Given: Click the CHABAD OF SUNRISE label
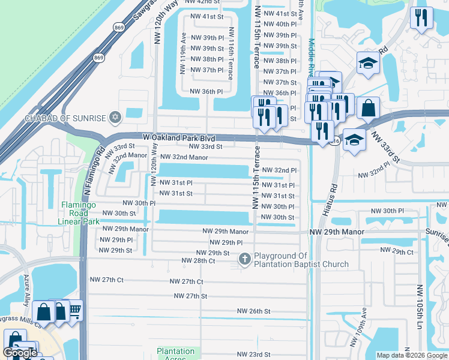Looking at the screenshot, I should [x=65, y=118].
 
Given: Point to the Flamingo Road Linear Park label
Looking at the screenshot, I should [x=82, y=213].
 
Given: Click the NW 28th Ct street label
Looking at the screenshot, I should [x=198, y=261].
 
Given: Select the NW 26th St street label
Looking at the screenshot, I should [x=254, y=311].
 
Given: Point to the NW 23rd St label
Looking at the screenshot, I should [x=254, y=355].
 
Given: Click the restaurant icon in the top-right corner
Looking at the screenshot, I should [x=421, y=17].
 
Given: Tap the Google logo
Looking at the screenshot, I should [x=20, y=353].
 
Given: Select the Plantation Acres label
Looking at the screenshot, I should [x=176, y=354].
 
